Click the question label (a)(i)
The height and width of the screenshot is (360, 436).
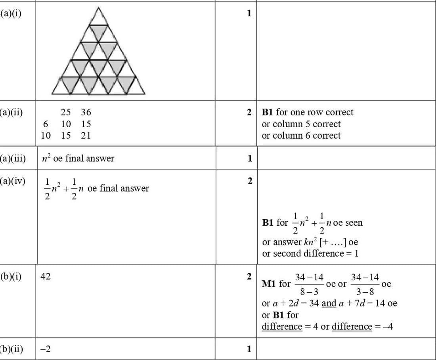[11, 13]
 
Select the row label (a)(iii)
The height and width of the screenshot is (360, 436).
[13, 159]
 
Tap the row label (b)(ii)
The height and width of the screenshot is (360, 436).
[11, 349]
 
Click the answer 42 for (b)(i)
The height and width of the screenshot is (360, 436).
[46, 277]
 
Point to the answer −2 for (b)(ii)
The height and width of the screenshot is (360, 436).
[46, 349]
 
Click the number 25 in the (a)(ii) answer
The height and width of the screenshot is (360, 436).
[66, 113]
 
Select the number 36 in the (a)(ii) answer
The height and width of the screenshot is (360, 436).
[86, 113]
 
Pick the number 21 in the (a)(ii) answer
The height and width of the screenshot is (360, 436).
[86, 136]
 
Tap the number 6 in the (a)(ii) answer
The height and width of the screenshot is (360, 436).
[46, 124]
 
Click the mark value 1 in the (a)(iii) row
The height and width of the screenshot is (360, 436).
[250, 159]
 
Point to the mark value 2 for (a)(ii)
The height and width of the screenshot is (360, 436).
[249, 113]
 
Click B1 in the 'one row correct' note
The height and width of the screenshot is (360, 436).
[268, 113]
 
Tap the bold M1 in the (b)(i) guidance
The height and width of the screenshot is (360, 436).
[269, 284]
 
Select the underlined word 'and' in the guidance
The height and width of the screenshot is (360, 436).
[329, 304]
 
